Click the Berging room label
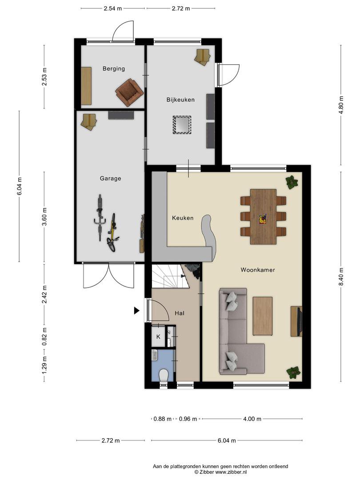click(x=114, y=68)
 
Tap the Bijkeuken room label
click(x=180, y=100)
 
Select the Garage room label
click(x=110, y=178)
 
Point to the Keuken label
click(x=183, y=218)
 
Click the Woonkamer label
click(x=257, y=270)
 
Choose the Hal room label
click(x=180, y=313)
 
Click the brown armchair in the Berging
click(x=129, y=92)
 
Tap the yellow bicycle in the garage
click(x=112, y=232)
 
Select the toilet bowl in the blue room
click(x=164, y=375)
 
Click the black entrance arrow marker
click(x=136, y=311)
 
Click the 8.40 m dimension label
click(x=341, y=276)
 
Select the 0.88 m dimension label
click(x=162, y=419)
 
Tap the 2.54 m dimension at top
click(x=112, y=8)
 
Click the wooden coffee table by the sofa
click(x=262, y=316)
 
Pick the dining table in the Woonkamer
click(x=263, y=216)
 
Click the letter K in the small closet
click(x=158, y=337)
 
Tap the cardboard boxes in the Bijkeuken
click(x=202, y=56)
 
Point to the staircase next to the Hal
click(x=168, y=276)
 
